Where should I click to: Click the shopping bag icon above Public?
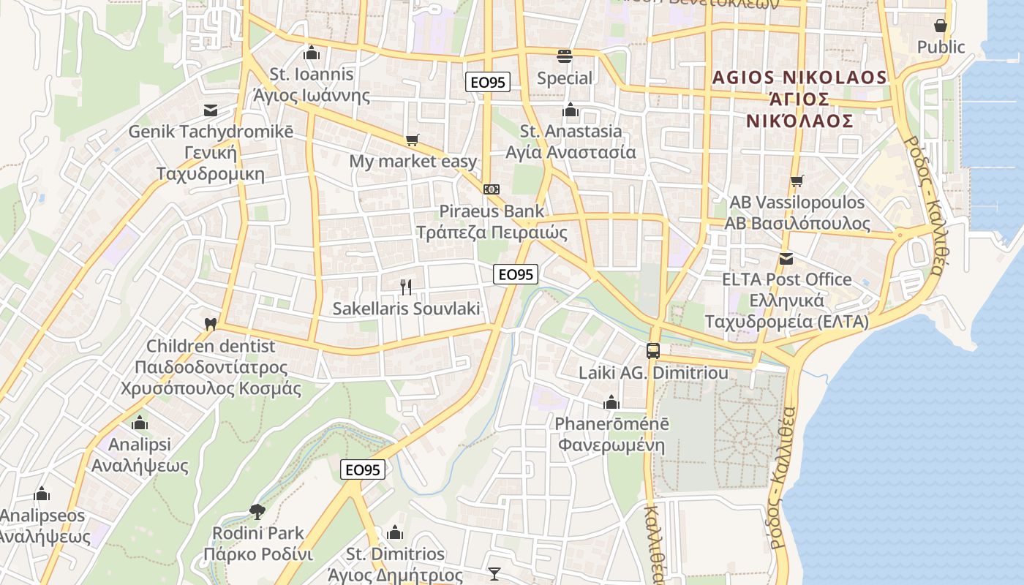[941, 26]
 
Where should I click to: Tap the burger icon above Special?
[564, 56]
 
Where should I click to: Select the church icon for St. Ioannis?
[312, 53]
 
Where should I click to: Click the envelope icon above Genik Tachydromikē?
[211, 110]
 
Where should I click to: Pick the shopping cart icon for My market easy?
[413, 140]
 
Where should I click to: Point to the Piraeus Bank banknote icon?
[492, 189]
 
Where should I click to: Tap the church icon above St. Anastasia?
[571, 110]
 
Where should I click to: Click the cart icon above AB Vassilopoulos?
[797, 181]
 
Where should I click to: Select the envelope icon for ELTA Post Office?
[786, 258]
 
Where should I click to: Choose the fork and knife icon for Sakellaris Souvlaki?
[407, 287]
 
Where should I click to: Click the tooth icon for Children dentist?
[211, 324]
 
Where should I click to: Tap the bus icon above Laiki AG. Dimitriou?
[653, 351]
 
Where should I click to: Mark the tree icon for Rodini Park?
[257, 511]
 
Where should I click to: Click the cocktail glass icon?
[494, 574]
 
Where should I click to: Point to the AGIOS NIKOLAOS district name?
[799, 78]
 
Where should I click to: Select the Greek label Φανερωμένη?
[611, 445]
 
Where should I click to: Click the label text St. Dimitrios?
[395, 554]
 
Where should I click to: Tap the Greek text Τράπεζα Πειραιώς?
[492, 233]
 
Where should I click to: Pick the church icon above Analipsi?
[140, 423]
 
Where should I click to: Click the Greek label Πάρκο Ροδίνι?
[258, 554]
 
